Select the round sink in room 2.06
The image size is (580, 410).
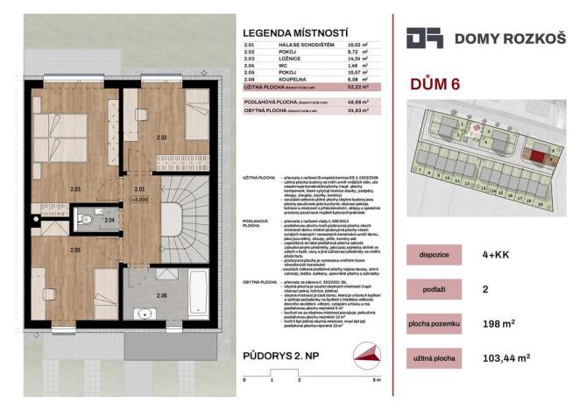point(140,313)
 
